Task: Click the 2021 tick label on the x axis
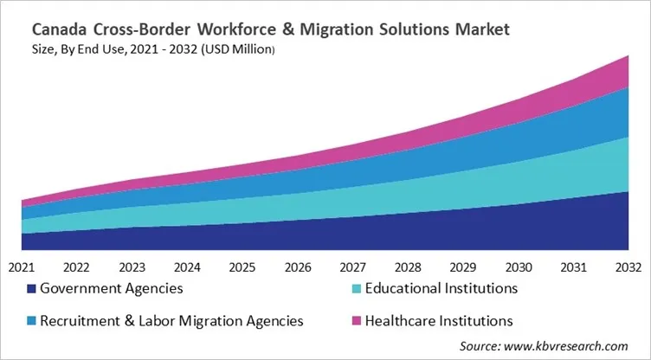22,267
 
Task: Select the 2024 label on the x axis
187,267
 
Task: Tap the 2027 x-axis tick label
353,267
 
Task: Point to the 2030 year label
519,267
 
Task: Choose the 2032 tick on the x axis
628,267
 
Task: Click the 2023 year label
132,267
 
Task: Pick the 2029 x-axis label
463,267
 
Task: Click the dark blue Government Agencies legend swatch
32,288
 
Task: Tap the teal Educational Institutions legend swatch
358,288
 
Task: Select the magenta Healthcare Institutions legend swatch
358,321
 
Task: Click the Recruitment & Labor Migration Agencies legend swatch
32,321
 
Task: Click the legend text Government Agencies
112,288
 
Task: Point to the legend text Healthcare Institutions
440,321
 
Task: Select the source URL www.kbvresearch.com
570,345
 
